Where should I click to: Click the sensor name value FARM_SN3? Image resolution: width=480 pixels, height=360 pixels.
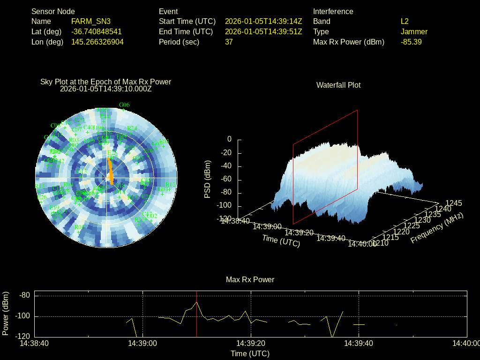tap(91, 21)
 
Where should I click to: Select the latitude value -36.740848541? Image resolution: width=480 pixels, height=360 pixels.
tap(97, 31)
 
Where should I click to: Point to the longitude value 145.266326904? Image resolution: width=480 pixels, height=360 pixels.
tap(97, 42)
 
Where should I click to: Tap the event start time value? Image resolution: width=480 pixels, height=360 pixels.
tap(263, 21)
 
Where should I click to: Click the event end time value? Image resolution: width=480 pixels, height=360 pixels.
tap(263, 31)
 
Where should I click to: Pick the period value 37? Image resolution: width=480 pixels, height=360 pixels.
tap(229, 42)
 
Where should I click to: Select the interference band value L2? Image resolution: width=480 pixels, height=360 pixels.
tap(405, 21)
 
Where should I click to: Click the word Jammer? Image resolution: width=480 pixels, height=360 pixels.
tap(414, 31)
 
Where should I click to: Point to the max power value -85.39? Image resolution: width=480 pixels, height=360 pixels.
tap(411, 42)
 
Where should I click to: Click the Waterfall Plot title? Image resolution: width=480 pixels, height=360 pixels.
tap(338, 85)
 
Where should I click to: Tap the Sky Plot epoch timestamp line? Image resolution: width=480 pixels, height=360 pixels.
tap(106, 89)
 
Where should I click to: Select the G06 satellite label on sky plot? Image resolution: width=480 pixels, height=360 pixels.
tap(124, 105)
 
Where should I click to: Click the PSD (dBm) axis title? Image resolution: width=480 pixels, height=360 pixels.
tap(208, 179)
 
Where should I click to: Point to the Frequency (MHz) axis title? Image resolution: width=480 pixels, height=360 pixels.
tap(436, 228)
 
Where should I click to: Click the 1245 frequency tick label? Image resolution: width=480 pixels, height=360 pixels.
tap(453, 203)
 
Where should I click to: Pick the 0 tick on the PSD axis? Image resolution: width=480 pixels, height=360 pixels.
tap(229, 139)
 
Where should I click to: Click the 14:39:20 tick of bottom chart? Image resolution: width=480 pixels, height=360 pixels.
tap(251, 343)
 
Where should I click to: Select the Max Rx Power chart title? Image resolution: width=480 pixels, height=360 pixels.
tap(250, 279)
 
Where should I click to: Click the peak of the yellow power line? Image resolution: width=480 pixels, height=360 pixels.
tap(197, 302)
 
